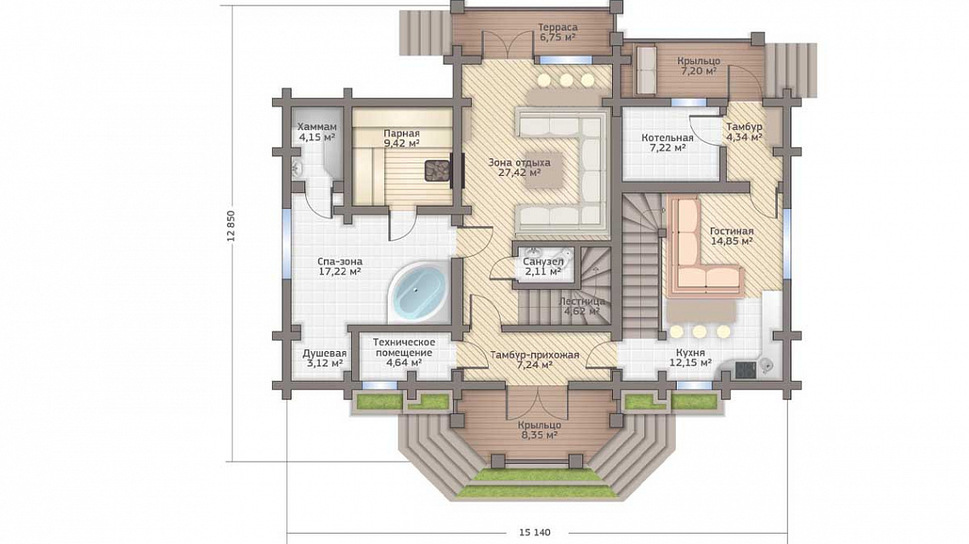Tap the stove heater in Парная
coord(439,169)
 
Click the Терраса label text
coord(558,27)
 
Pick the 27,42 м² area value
coord(519,173)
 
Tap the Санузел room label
coord(542,261)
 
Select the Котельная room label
coord(667,138)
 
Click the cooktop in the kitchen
coord(745,369)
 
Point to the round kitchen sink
coord(767,366)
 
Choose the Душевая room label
coord(325,354)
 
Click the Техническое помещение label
coord(404,348)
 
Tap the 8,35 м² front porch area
coord(540,435)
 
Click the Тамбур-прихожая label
coord(535,354)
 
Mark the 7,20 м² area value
coord(699,71)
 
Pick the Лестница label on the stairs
coord(582,302)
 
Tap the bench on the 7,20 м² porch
coord(646,71)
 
